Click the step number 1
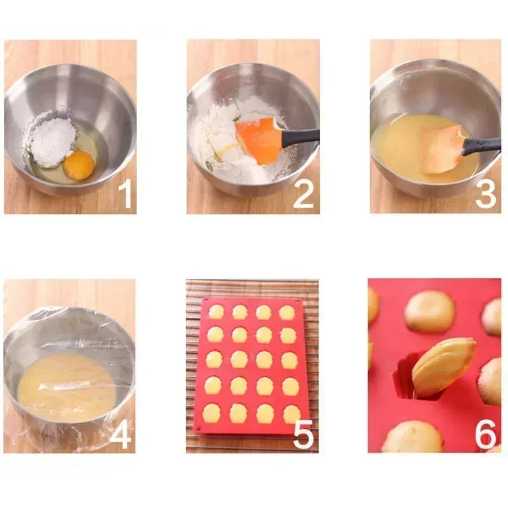pyautogui.click(x=126, y=195)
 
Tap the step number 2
pyautogui.click(x=303, y=195)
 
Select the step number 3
pyautogui.click(x=486, y=195)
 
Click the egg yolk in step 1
pyautogui.click(x=79, y=165)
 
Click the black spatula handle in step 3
pyautogui.click(x=481, y=146)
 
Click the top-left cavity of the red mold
pyautogui.click(x=216, y=312)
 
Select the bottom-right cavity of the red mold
pyautogui.click(x=290, y=414)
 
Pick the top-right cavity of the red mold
pyautogui.click(x=287, y=312)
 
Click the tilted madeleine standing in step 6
pyautogui.click(x=443, y=366)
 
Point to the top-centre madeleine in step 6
pyautogui.click(x=430, y=311)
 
